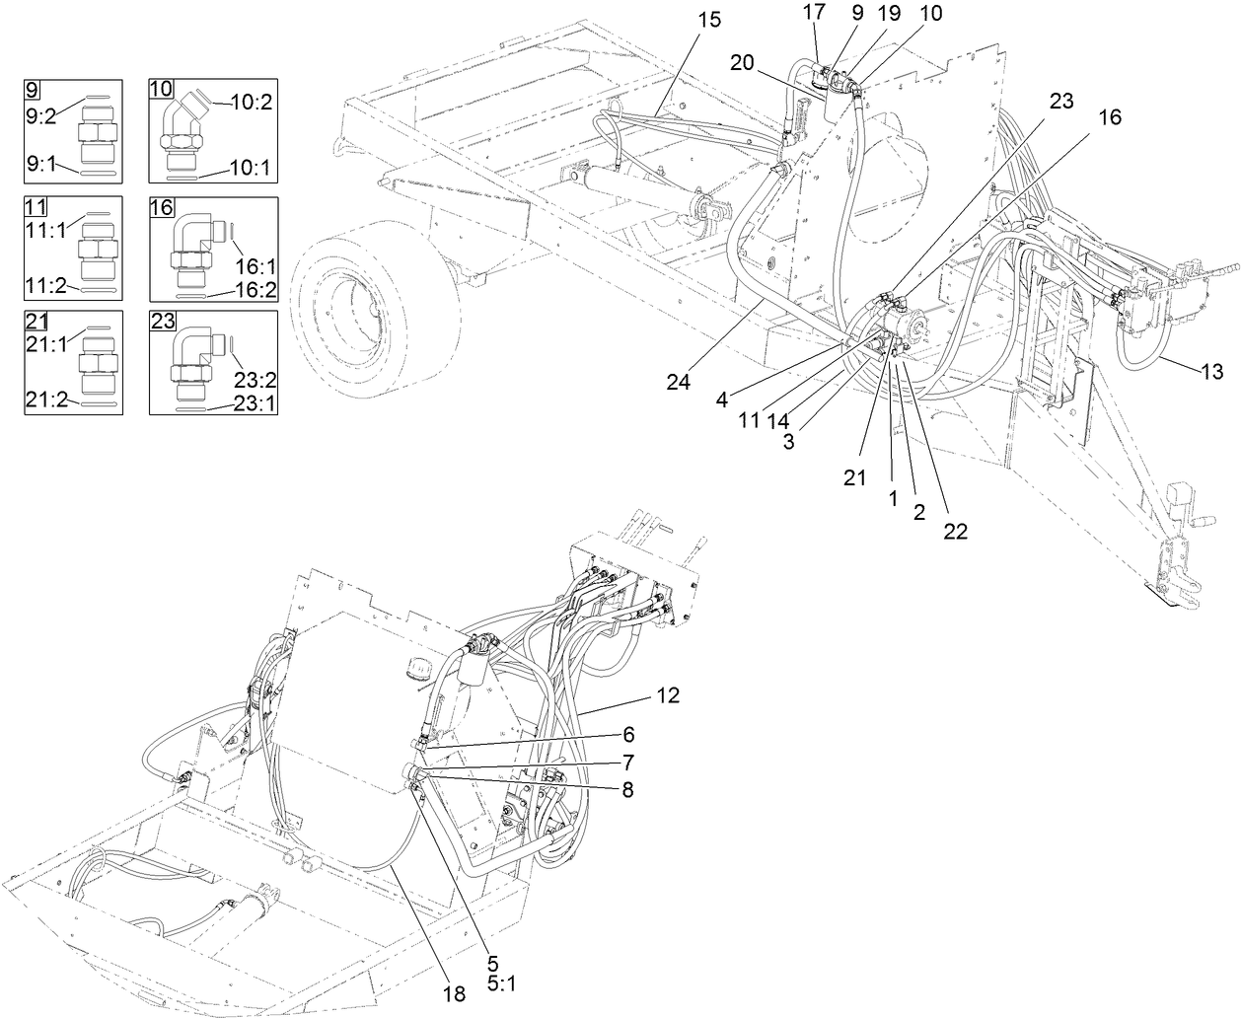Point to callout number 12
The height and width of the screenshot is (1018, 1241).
(x=668, y=694)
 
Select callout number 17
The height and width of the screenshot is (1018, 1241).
(x=814, y=13)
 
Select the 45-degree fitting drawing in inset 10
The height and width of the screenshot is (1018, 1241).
(x=182, y=130)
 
